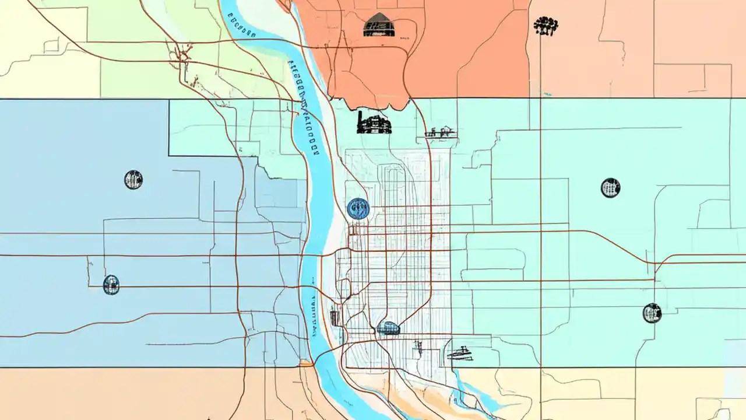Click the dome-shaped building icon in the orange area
[379, 26]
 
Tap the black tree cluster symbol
[546, 25]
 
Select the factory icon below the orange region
[374, 123]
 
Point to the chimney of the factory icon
[361, 115]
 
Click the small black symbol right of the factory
[441, 132]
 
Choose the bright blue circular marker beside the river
[358, 208]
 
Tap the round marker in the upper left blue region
[133, 180]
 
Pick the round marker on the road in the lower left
[111, 285]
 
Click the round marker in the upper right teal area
[610, 188]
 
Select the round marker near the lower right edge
[652, 313]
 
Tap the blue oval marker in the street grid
[388, 328]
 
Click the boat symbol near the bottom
[460, 353]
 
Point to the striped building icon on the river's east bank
[335, 318]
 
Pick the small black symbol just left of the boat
[418, 349]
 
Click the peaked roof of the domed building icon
[379, 16]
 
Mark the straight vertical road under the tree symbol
[540, 175]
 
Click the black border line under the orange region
[466, 98]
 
